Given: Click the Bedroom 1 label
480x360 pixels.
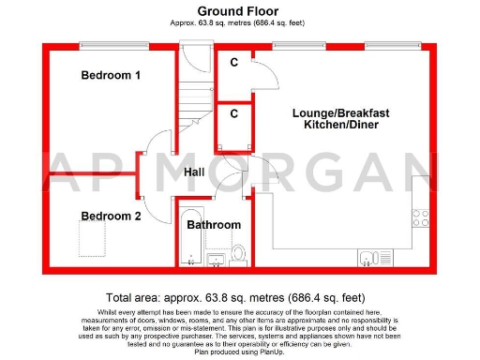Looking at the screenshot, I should coord(111,75).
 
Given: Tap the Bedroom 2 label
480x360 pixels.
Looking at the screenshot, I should coord(111,216).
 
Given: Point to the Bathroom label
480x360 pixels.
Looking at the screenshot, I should coord(213,225).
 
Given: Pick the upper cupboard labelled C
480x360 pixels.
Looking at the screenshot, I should coord(232,63).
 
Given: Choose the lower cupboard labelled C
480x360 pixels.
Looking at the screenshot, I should coord(232,113).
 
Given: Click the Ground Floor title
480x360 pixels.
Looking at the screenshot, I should coord(239,11).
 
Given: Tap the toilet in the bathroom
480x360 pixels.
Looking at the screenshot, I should coord(238,254).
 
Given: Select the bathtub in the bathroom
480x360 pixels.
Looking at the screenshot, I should coord(187,240).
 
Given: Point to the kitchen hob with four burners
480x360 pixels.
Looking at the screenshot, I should coord(421,218).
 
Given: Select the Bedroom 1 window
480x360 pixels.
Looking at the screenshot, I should coord(108,44).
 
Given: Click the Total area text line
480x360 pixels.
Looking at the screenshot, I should coord(239,293).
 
